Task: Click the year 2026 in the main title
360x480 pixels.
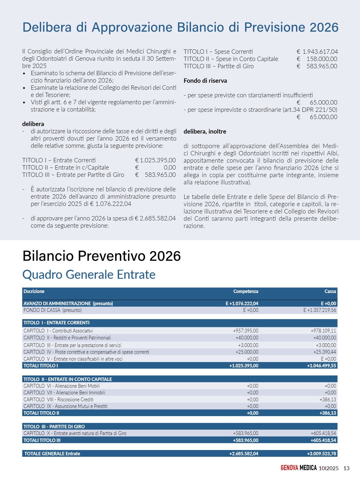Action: [x=324, y=28]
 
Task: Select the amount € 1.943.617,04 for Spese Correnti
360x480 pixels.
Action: [x=317, y=52]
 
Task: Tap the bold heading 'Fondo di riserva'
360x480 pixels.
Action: [x=205, y=81]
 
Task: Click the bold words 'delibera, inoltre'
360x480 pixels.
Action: [x=205, y=132]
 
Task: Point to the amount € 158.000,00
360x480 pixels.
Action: [x=317, y=59]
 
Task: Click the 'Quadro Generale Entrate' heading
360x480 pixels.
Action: [x=89, y=275]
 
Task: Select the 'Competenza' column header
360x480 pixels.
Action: [x=246, y=292]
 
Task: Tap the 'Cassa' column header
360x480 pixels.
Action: [x=330, y=292]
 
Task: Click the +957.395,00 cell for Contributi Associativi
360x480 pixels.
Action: [x=246, y=331]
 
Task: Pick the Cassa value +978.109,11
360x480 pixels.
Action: [x=323, y=331]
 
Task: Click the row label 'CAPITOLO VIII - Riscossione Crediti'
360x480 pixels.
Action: [x=58, y=400]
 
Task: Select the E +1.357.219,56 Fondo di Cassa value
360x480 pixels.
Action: [x=320, y=310]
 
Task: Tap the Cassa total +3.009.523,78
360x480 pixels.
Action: [x=321, y=454]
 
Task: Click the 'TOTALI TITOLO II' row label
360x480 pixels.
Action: [x=41, y=413]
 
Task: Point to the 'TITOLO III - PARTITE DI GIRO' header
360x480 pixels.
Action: [x=54, y=427]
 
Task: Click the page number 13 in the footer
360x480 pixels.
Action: [x=346, y=468]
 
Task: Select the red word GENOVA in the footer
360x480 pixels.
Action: [x=289, y=468]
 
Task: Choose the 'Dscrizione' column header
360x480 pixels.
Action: [x=34, y=292]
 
